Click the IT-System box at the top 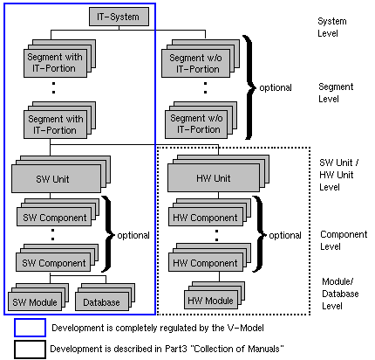click(113, 16)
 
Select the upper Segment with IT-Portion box click(54, 63)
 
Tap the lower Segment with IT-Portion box click(54, 124)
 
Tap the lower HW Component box click(201, 263)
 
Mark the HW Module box click(209, 301)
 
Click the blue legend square click(30, 329)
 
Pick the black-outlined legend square click(30, 349)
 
